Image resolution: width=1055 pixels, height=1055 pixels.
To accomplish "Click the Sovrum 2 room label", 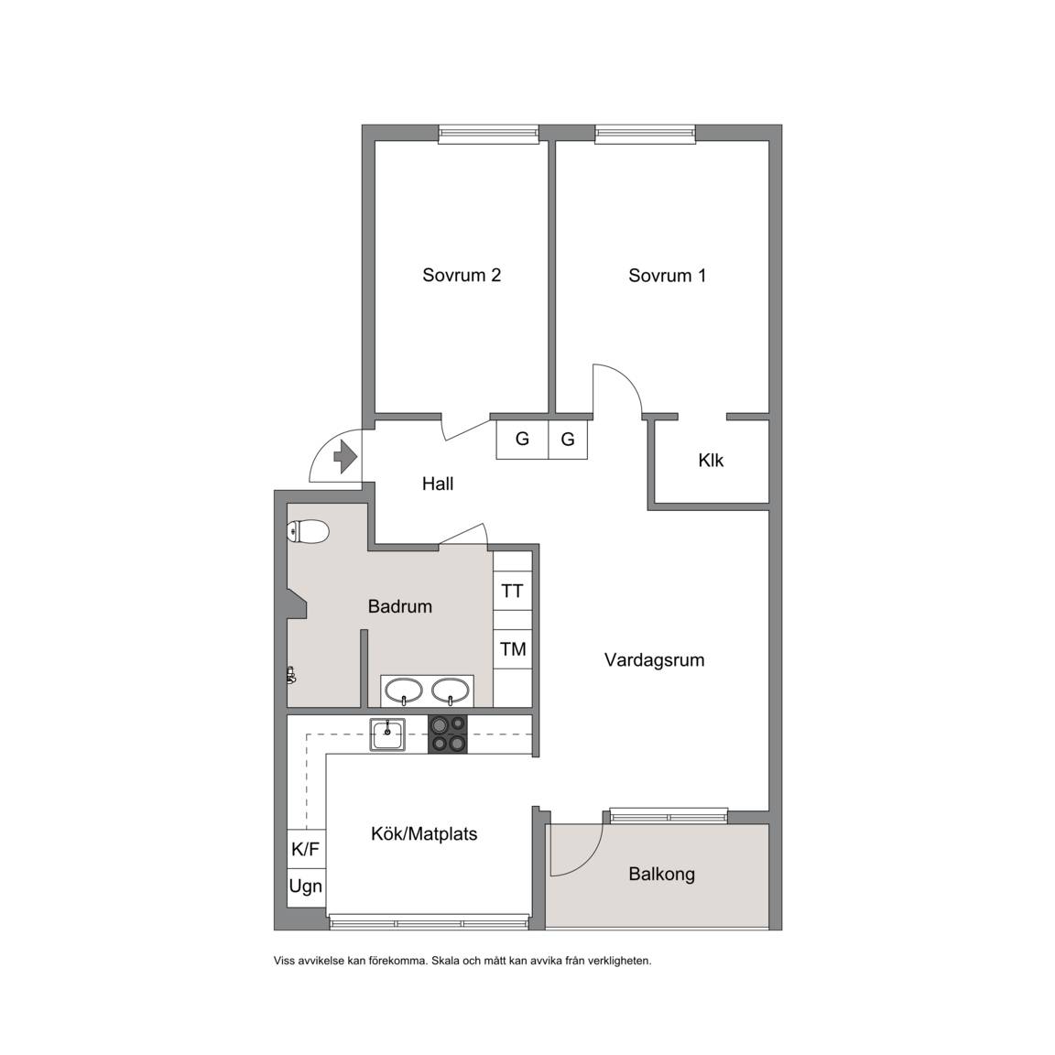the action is (462, 275).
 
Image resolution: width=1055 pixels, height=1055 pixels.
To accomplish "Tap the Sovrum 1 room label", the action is (668, 275).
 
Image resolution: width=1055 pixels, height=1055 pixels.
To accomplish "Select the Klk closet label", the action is (711, 461).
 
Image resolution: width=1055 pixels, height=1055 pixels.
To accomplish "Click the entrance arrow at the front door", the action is (345, 456).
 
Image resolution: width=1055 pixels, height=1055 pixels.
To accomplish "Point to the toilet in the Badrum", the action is (308, 532).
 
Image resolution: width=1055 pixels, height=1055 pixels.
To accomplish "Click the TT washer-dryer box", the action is (513, 591).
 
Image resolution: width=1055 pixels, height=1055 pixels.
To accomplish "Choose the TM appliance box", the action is (513, 649).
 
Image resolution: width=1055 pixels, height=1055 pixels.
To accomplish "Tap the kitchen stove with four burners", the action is (448, 734).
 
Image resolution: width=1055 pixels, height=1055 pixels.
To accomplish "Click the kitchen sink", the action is (387, 734).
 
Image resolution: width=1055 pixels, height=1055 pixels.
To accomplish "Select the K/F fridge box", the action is (306, 849).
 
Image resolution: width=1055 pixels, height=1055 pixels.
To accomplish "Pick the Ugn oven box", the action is (306, 886).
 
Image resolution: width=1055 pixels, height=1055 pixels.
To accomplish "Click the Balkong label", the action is (661, 874).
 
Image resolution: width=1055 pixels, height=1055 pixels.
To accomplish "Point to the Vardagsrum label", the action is (654, 660).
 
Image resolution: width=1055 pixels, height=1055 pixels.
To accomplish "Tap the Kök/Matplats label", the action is (424, 834).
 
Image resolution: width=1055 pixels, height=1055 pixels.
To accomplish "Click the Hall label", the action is (438, 484).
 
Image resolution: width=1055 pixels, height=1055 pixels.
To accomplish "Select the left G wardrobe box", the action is (522, 440).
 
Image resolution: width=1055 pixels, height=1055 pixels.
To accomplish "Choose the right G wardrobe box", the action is (568, 440).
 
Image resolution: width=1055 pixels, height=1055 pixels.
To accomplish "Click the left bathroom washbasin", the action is (403, 691).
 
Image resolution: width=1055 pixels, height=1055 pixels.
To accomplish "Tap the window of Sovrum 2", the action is (488, 134).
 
